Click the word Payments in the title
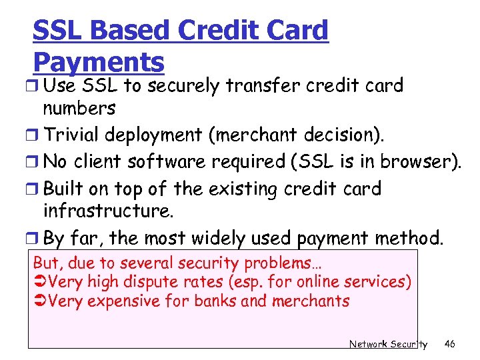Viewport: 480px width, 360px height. [98, 62]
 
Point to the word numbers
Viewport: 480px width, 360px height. [79, 108]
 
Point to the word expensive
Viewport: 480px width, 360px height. [123, 302]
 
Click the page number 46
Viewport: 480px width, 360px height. [450, 344]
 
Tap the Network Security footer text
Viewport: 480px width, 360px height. [388, 344]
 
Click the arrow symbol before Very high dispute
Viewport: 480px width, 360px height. [40, 283]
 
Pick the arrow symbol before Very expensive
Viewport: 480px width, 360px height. [40, 302]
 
